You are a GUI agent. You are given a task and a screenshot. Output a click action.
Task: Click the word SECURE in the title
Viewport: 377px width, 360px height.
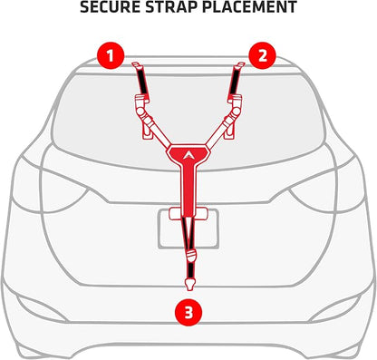tap(110, 7)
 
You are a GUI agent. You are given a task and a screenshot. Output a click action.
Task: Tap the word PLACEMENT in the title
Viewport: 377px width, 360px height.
tap(249, 7)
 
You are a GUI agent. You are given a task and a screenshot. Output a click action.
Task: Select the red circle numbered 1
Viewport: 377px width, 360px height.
tap(111, 55)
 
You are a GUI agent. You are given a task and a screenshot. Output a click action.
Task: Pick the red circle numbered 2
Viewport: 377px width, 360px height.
tap(262, 55)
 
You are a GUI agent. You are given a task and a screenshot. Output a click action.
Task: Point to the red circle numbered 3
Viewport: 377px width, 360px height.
tap(188, 312)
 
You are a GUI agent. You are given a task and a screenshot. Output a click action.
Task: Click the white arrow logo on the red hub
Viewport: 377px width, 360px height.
tap(188, 154)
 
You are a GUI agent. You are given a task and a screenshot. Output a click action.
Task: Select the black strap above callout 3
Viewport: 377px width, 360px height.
tap(190, 270)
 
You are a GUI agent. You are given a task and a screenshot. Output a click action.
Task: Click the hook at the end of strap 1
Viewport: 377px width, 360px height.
tap(137, 64)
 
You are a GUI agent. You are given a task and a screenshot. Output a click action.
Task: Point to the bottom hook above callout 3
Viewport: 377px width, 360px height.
tap(190, 285)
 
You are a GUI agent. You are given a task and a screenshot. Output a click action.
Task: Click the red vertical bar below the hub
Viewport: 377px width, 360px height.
tap(188, 190)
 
